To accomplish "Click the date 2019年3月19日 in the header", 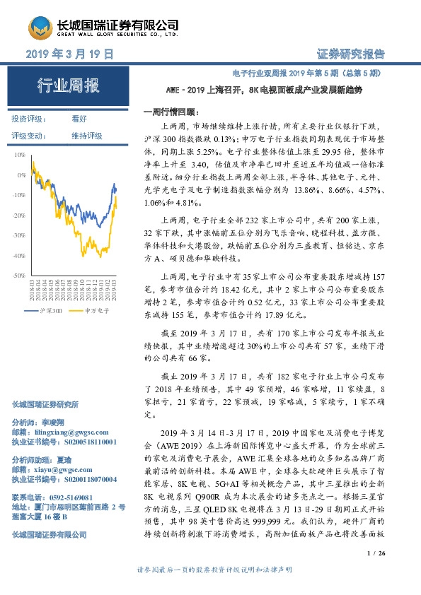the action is coord(69,54).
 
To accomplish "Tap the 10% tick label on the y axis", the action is coord(20,153).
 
